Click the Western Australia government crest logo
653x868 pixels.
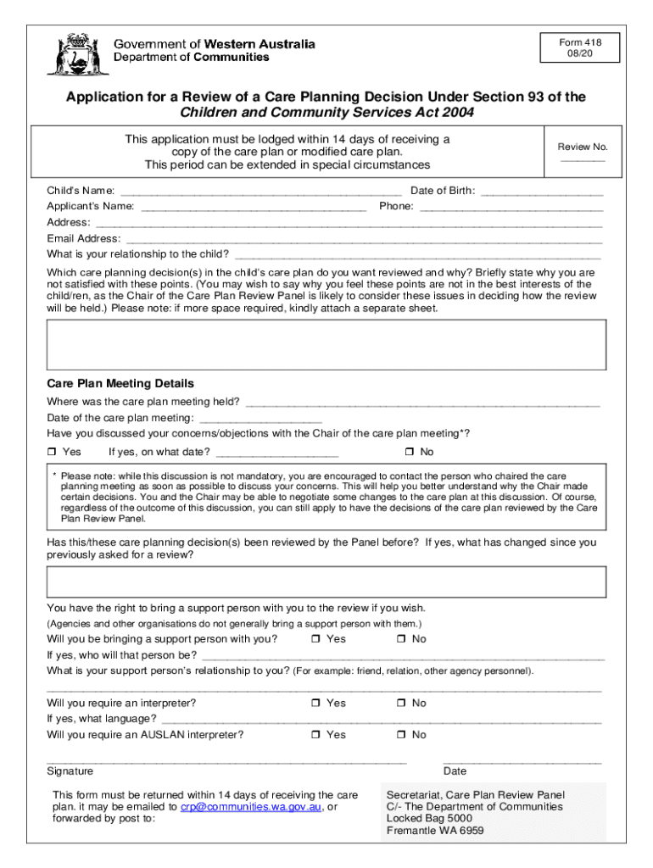(x=71, y=54)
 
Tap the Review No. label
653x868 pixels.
(x=582, y=147)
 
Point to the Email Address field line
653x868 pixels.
(x=363, y=240)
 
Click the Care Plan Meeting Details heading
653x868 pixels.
(x=120, y=384)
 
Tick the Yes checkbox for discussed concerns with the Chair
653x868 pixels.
(x=52, y=453)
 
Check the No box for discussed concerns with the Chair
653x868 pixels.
(x=409, y=453)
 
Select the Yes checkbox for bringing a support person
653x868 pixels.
(x=315, y=639)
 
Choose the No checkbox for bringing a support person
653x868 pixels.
(x=400, y=639)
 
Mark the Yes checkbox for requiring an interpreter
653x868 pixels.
(x=315, y=704)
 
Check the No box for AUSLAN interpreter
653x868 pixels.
(x=400, y=735)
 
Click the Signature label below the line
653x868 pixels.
(x=70, y=771)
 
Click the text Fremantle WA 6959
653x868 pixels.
(x=435, y=832)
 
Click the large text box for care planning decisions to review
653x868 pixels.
(x=326, y=345)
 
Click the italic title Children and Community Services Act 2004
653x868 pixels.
(x=326, y=113)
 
